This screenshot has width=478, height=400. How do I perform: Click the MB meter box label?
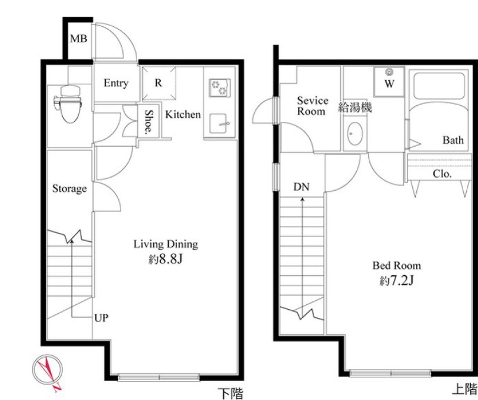78,39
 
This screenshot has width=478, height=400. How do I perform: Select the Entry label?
116,83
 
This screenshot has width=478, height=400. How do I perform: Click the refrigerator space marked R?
159,83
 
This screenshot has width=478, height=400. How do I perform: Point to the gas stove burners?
220,88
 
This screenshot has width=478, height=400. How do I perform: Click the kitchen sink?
219,124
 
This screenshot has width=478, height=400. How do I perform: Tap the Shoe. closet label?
148,122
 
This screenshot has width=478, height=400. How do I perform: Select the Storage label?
69,188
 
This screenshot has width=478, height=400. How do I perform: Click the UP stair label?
101,318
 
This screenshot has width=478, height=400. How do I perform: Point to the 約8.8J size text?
166,259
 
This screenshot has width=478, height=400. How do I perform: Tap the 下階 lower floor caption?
231,393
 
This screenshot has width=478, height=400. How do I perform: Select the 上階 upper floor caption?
464,389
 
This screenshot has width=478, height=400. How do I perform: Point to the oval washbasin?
355,134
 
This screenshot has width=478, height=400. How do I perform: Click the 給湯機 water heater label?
355,108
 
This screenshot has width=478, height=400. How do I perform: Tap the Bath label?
453,140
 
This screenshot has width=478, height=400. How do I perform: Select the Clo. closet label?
442,174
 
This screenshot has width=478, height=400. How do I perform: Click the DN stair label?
302,187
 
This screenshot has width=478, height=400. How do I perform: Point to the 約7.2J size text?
396,281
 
